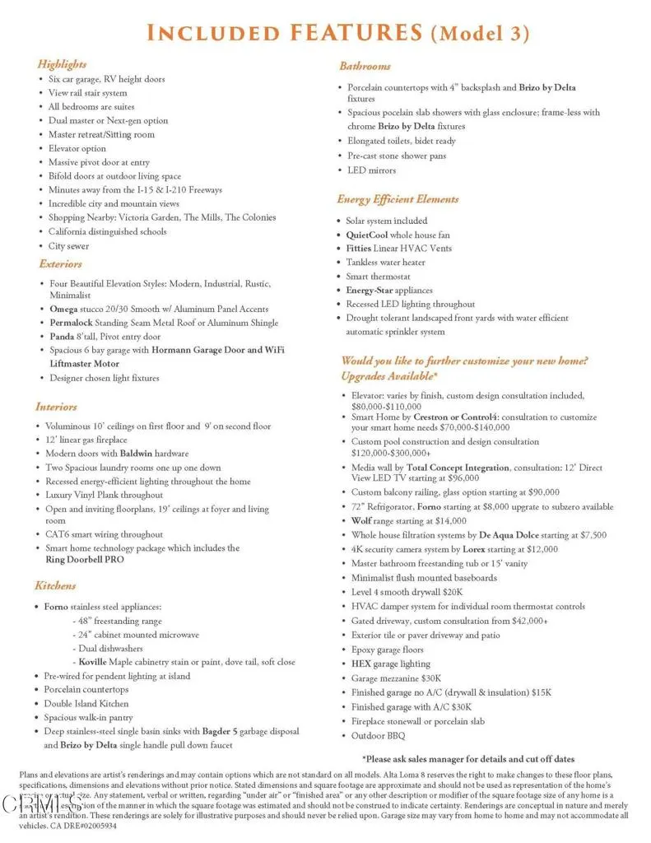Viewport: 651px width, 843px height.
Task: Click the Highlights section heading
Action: (x=62, y=64)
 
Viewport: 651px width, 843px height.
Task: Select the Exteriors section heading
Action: (x=60, y=264)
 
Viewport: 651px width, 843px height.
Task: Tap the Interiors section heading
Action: (x=56, y=407)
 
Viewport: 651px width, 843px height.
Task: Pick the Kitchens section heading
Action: (x=55, y=585)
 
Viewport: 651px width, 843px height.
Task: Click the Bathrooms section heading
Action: (x=365, y=66)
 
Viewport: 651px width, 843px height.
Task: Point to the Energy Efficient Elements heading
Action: (x=398, y=199)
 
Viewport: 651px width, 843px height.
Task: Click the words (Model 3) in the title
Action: (x=480, y=34)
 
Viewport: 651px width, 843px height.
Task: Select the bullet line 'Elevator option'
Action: (x=77, y=148)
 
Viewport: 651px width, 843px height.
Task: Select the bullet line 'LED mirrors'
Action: (x=371, y=170)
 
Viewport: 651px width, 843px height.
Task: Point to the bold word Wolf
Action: (x=361, y=520)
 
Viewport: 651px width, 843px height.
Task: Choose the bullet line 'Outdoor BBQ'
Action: (x=378, y=735)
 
